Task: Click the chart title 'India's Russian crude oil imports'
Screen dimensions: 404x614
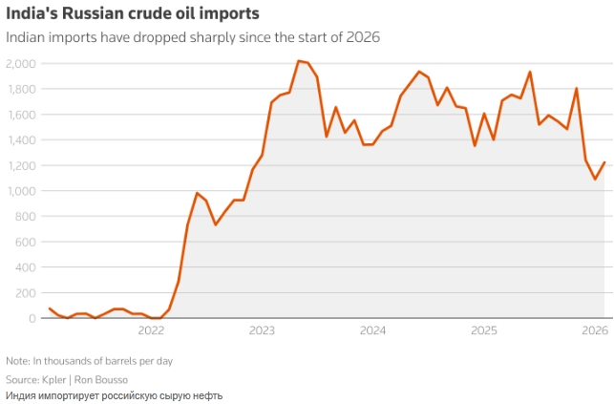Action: [x=131, y=15]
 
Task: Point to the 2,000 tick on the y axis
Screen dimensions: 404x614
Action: [x=20, y=63]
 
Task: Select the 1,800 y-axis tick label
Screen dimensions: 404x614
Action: [x=20, y=89]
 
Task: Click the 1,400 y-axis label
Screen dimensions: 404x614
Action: [x=20, y=139]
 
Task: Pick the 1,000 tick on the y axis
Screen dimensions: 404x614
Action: [x=20, y=191]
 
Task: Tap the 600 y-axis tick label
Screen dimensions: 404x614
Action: [x=25, y=242]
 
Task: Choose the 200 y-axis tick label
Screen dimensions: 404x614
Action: [x=25, y=293]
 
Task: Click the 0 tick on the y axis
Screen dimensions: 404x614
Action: [x=32, y=318]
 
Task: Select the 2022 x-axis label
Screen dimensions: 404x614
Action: [x=152, y=331]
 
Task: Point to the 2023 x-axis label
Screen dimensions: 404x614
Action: [x=262, y=331]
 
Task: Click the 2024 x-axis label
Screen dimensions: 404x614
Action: [x=372, y=331]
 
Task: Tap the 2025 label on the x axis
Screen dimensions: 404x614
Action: [x=484, y=331]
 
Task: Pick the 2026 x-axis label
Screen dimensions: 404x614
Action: [x=594, y=331]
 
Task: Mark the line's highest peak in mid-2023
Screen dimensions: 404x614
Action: [x=299, y=61]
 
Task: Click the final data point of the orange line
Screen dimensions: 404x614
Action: [x=604, y=162]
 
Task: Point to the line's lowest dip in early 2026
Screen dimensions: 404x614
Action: [x=595, y=179]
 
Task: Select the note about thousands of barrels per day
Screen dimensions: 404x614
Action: [x=89, y=361]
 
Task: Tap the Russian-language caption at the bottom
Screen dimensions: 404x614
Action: [x=114, y=394]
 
